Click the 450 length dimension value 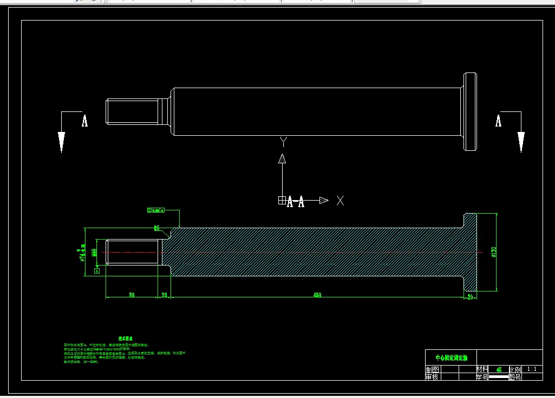click(x=317, y=295)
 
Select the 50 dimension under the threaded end click(x=132, y=295)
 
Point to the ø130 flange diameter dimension click(x=494, y=252)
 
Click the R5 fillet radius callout click(x=156, y=228)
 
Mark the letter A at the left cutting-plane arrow click(x=84, y=121)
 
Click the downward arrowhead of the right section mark click(x=521, y=141)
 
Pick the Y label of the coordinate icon click(x=282, y=142)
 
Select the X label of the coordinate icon click(x=340, y=201)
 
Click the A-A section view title click(x=295, y=202)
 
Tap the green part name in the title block click(x=450, y=358)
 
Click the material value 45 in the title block click(x=499, y=369)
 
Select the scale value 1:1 click(x=531, y=369)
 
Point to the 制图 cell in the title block click(x=432, y=369)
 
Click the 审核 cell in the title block click(x=432, y=376)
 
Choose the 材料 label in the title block click(x=481, y=369)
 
